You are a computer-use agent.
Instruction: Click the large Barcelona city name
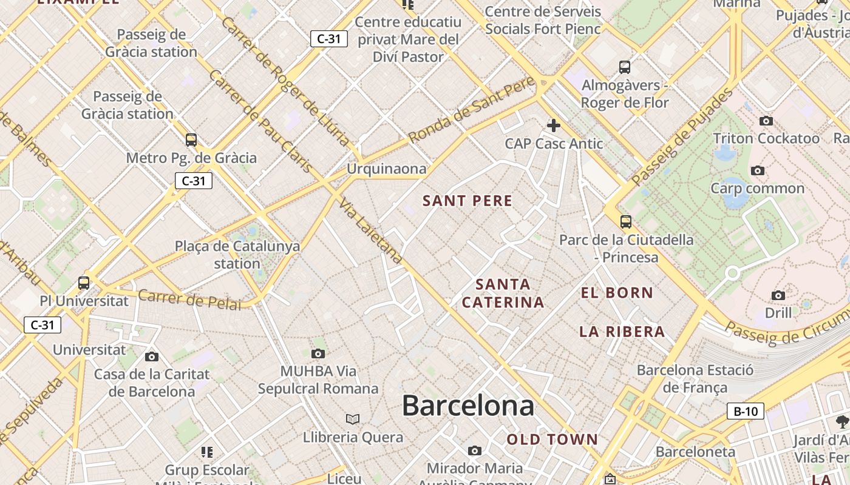click(x=468, y=406)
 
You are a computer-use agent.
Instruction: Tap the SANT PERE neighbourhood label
click(x=467, y=201)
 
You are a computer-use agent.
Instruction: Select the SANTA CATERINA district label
click(x=503, y=293)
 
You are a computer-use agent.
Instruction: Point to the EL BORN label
click(x=617, y=293)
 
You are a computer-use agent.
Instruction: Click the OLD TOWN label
click(x=552, y=440)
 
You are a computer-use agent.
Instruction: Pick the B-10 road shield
click(x=745, y=412)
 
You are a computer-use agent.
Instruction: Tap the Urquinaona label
click(x=387, y=169)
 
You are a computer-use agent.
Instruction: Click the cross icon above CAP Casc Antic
click(x=553, y=125)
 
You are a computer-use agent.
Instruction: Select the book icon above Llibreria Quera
click(x=353, y=419)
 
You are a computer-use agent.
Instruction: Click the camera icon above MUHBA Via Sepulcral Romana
click(x=318, y=353)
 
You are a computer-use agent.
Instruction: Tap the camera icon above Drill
click(x=778, y=295)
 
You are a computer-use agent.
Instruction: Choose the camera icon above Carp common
click(x=758, y=171)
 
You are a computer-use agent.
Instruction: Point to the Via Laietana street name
click(x=371, y=230)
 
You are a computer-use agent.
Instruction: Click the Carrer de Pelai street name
click(x=189, y=299)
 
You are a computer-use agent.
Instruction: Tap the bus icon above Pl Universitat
click(x=84, y=283)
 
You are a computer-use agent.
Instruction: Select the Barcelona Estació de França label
click(x=695, y=378)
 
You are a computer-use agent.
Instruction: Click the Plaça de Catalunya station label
click(x=237, y=255)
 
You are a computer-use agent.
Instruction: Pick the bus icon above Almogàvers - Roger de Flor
click(x=625, y=67)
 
